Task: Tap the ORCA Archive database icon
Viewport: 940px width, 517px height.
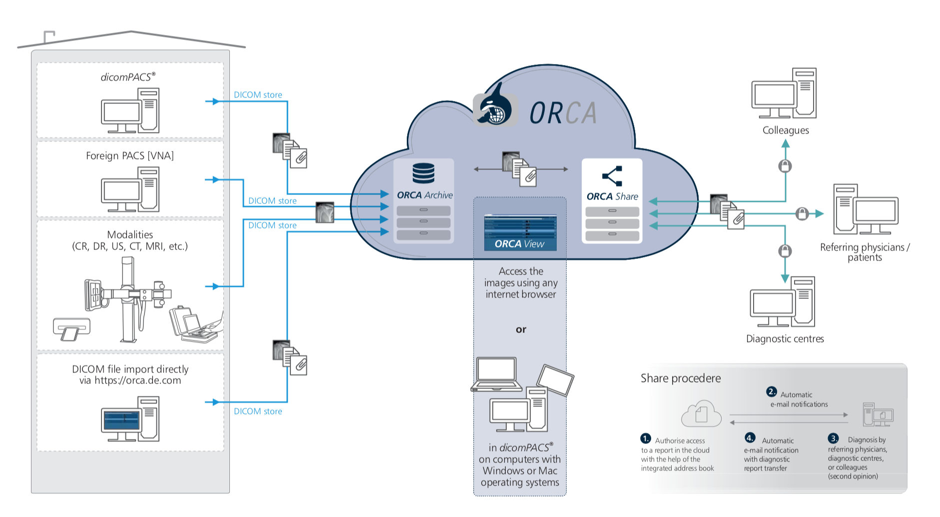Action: pos(423,173)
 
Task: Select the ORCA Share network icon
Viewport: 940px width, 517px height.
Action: pos(612,176)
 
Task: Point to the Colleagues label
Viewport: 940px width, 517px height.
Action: pos(785,130)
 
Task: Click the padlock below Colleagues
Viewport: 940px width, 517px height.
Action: pos(785,166)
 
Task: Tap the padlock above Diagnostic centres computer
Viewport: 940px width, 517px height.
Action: pos(785,250)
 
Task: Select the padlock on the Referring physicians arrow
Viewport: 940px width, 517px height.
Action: pos(802,214)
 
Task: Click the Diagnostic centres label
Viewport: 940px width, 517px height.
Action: pos(785,339)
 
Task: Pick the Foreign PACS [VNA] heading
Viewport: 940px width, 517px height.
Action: pos(130,156)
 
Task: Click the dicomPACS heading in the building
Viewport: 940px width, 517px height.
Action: pos(128,77)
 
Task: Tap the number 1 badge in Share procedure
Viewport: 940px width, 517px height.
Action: pos(646,438)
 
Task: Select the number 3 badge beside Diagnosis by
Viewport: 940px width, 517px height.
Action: pos(833,438)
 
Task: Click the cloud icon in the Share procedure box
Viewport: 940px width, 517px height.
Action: pos(701,413)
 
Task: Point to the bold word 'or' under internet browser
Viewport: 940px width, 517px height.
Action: pos(521,329)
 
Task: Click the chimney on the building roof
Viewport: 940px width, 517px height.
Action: pos(49,37)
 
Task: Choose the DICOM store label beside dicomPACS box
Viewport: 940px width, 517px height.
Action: pos(258,95)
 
